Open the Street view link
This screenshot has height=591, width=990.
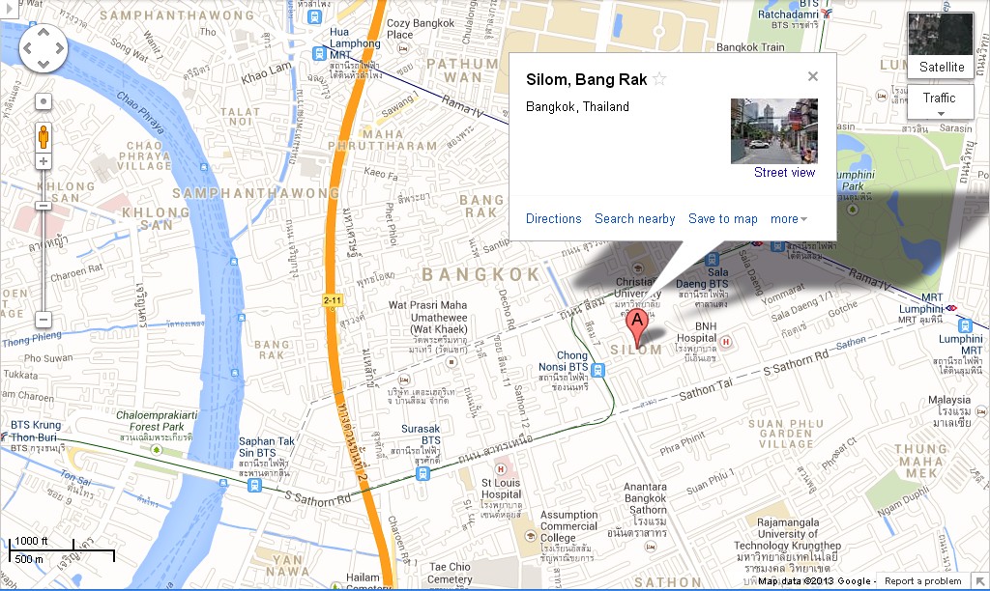tap(784, 173)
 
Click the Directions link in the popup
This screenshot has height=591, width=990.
tap(554, 219)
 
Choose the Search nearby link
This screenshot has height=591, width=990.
tap(634, 219)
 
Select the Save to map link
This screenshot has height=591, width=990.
tap(722, 219)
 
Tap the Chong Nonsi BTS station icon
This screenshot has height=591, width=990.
tap(599, 370)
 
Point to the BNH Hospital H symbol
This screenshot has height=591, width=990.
tap(725, 341)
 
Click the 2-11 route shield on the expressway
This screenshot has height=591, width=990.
tap(333, 300)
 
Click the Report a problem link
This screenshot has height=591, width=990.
tap(922, 581)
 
